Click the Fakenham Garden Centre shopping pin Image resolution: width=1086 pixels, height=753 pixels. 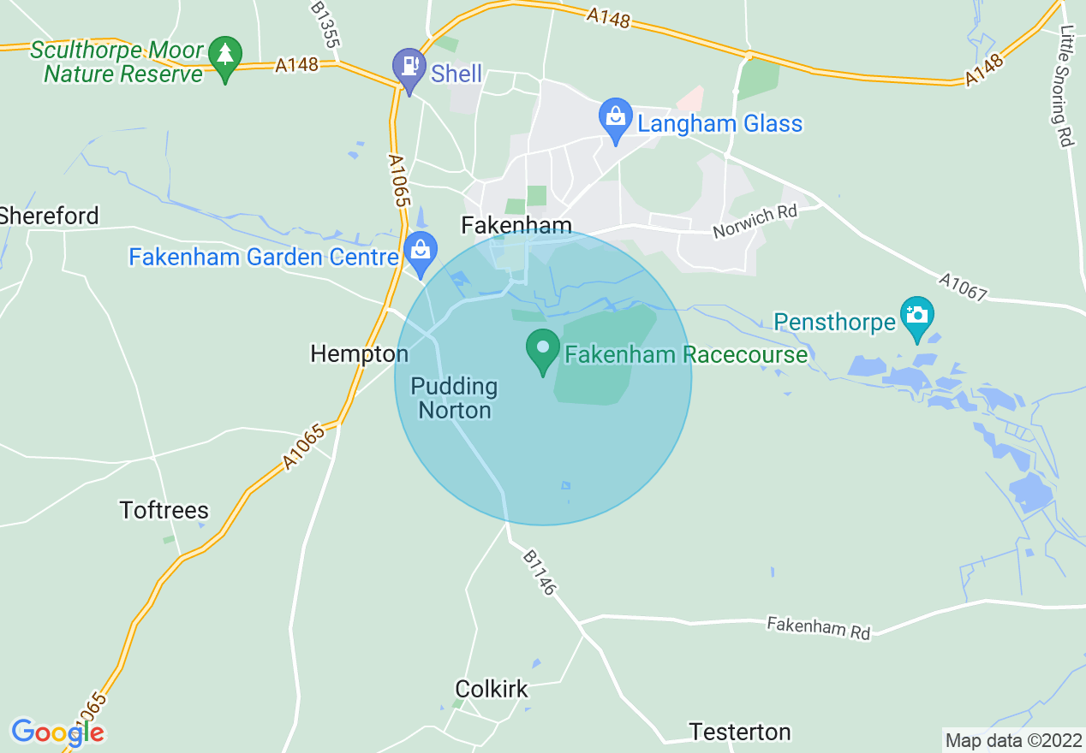pos(421,252)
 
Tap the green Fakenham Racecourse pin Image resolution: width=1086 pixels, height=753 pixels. pos(542,350)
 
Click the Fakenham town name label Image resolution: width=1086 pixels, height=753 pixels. pos(516,225)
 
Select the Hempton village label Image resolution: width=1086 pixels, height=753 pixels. pos(359,353)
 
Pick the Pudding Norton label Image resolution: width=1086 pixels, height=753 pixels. pos(454,398)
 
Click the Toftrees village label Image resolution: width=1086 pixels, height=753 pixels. pos(164,511)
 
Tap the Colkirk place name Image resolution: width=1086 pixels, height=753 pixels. pos(492,689)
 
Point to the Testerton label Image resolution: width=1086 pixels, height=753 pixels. pos(740,732)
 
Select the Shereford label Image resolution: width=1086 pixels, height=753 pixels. pos(50,216)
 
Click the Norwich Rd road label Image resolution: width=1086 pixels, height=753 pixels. pos(755,221)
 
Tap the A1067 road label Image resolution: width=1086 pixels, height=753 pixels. pos(964,288)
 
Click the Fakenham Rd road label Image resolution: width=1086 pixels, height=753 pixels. pos(818,627)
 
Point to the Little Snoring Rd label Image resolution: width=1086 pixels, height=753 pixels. pos(1065,86)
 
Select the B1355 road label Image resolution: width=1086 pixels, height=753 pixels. pos(325,25)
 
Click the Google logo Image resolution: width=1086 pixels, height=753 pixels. pos(57,732)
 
